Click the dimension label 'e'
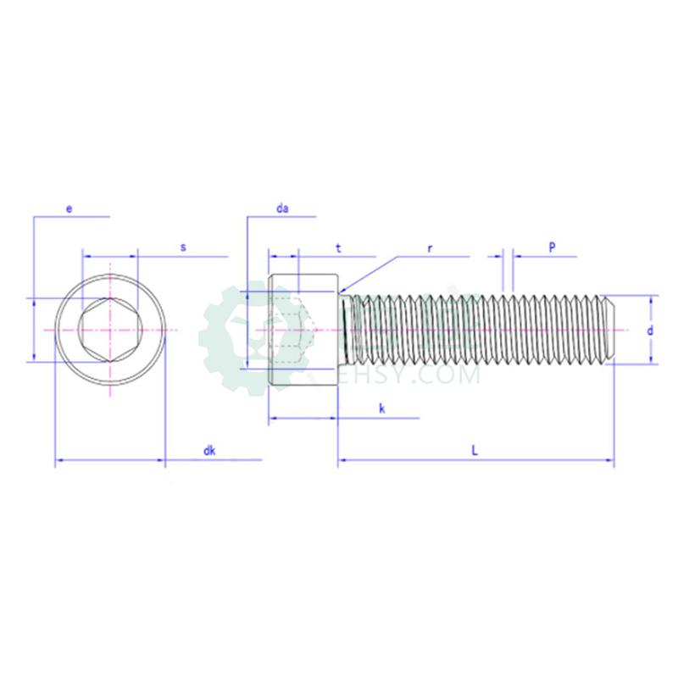(x=69, y=209)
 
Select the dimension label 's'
(x=183, y=247)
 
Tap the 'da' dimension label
(x=282, y=208)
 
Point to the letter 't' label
(x=338, y=248)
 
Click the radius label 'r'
(x=430, y=249)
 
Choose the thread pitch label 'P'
(x=553, y=247)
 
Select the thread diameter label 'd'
(x=650, y=331)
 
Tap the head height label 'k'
(x=382, y=408)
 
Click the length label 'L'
(x=475, y=451)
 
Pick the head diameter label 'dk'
(x=209, y=451)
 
